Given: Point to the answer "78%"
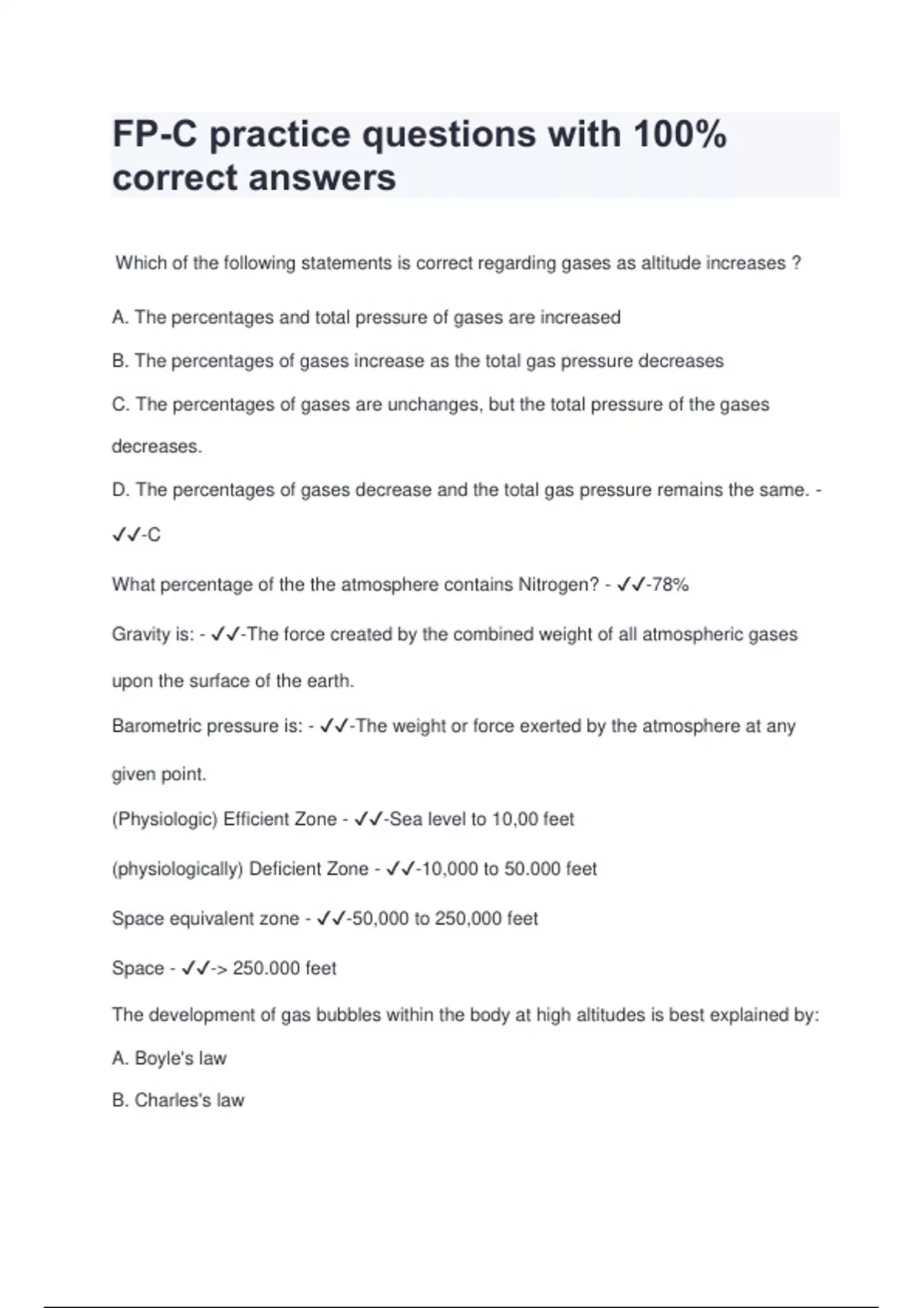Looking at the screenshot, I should point(668,585).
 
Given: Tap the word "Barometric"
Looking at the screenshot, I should point(157,726).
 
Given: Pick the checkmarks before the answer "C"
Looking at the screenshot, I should point(125,535).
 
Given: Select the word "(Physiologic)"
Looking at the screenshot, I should point(165,819).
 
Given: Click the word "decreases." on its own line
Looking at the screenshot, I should point(157,447).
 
